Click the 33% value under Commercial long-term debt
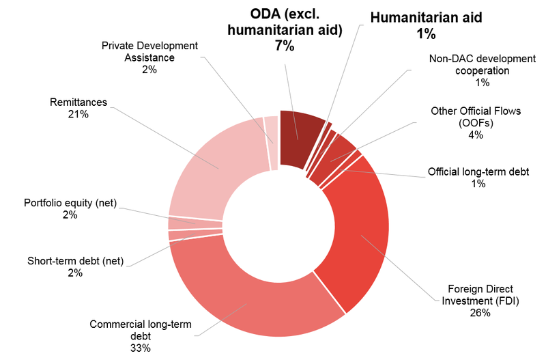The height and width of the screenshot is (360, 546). coord(141,348)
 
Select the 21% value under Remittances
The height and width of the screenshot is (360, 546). coord(78,114)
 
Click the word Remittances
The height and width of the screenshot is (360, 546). coord(78,102)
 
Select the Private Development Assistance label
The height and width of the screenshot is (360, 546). coord(149,51)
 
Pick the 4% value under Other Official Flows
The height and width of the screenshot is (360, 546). coord(476,135)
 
